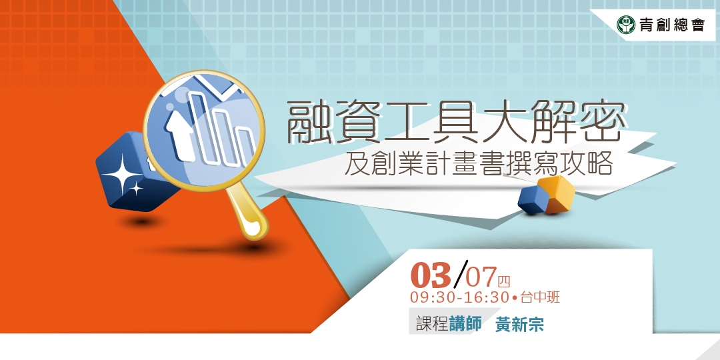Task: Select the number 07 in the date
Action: click(x=481, y=275)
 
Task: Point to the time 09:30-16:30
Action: click(x=460, y=297)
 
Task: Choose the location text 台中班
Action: click(x=540, y=297)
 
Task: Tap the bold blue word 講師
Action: click(x=465, y=324)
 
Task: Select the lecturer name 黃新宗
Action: click(x=519, y=325)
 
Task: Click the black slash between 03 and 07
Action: click(x=459, y=271)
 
